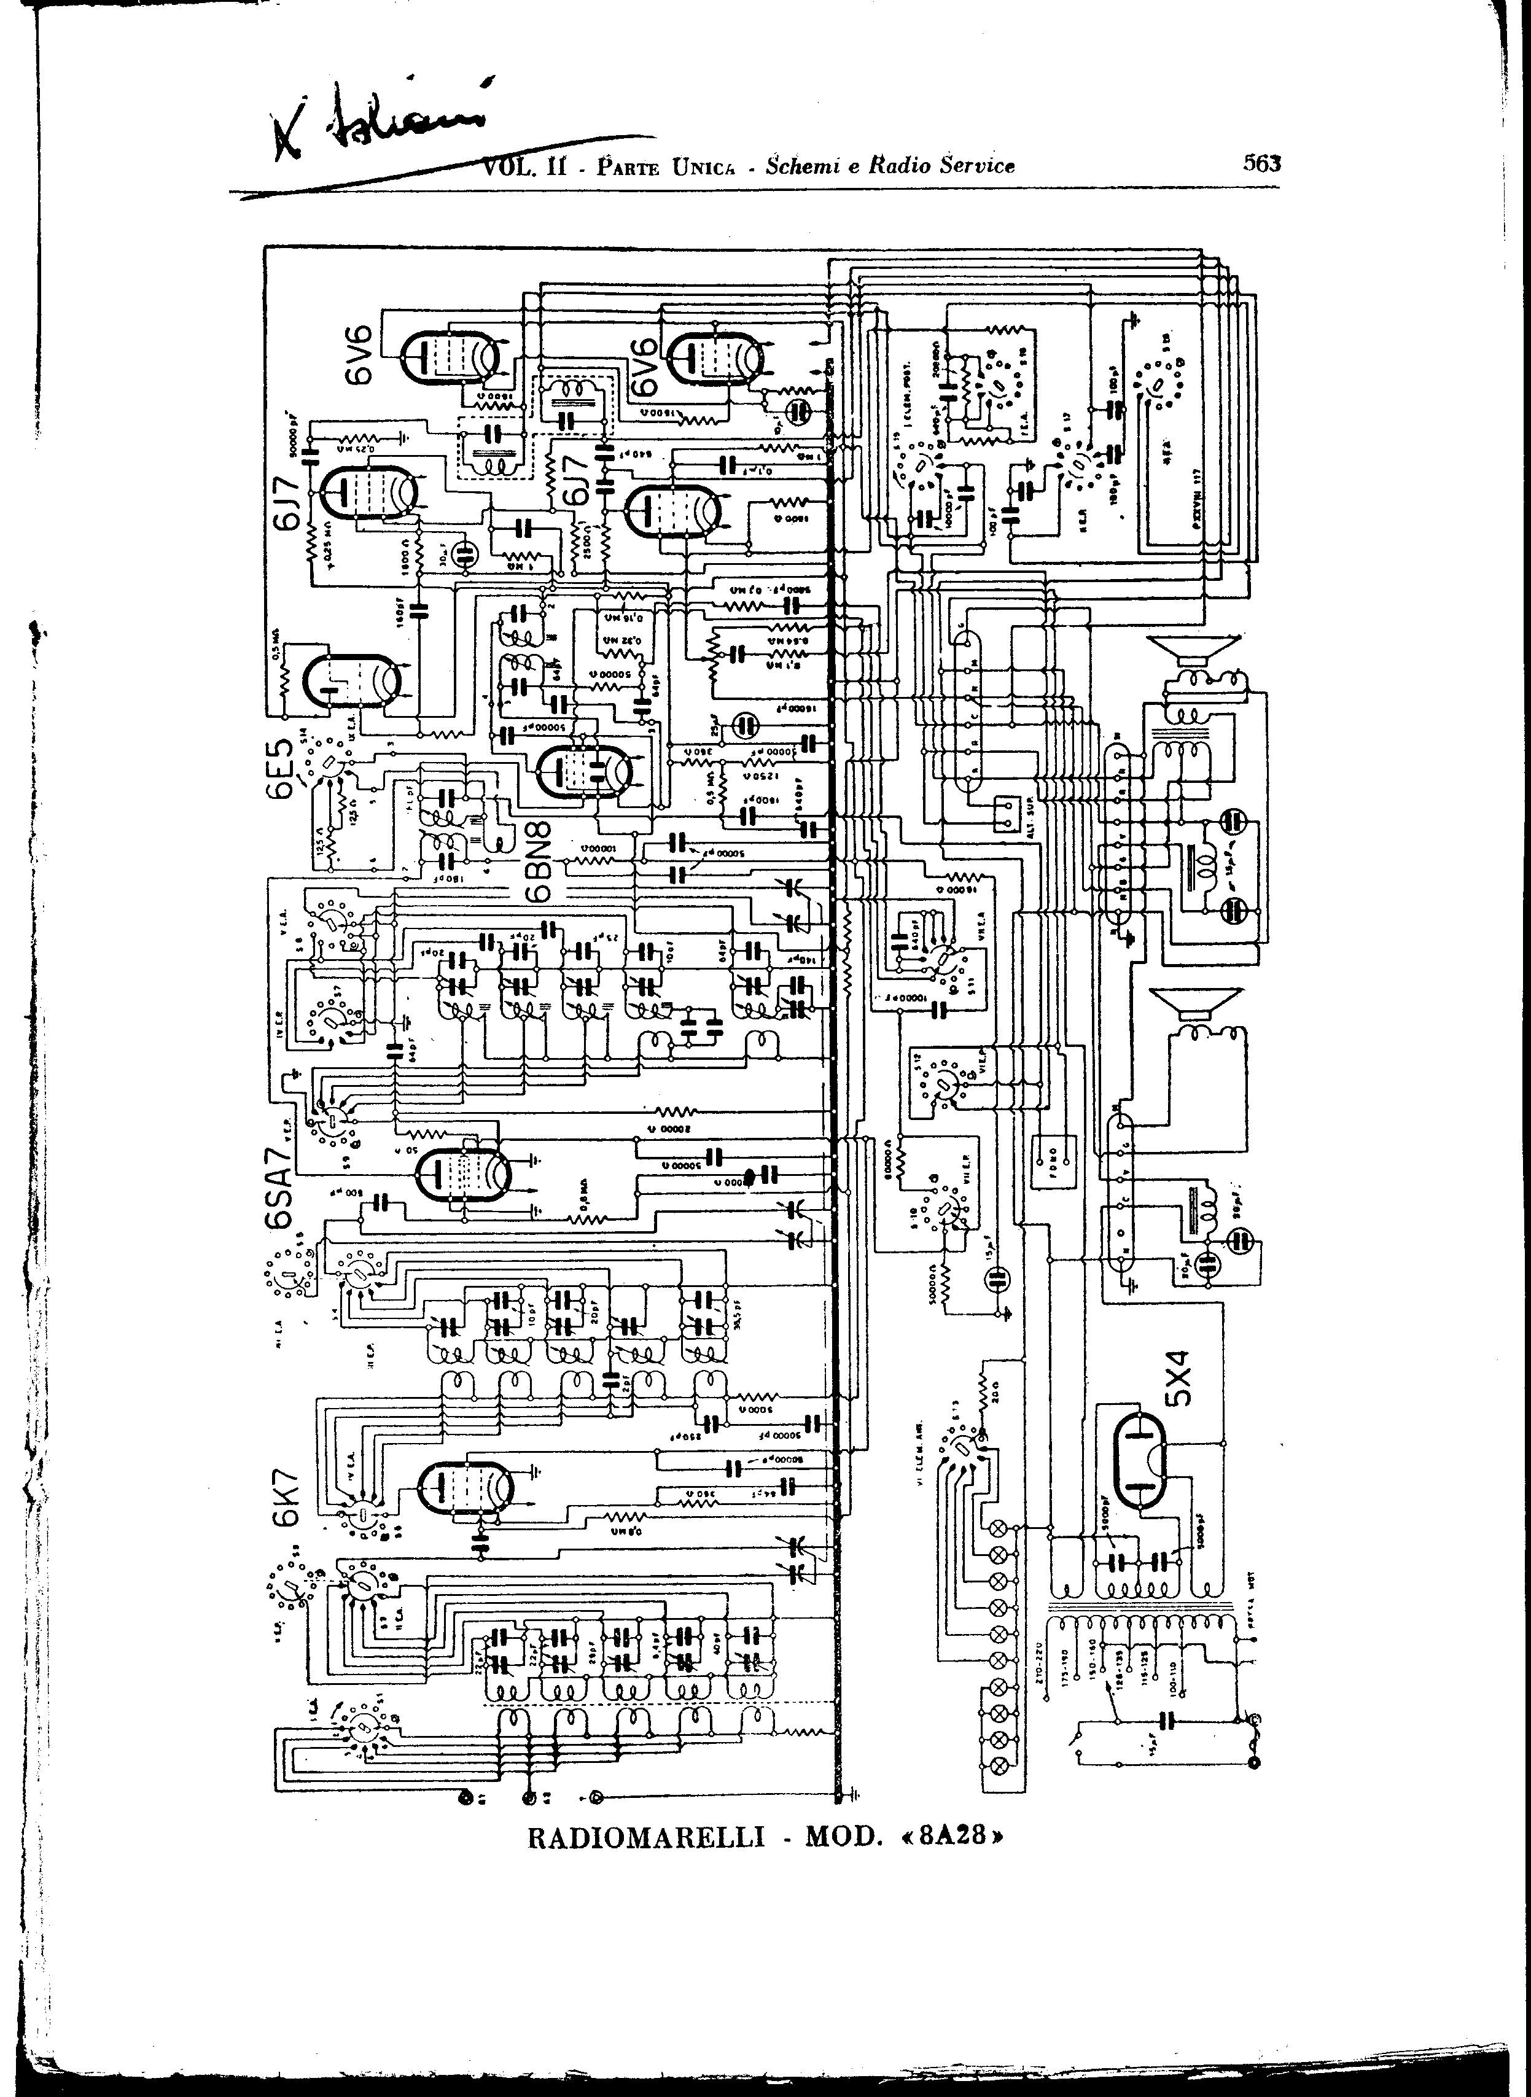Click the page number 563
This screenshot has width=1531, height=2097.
(1261, 164)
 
